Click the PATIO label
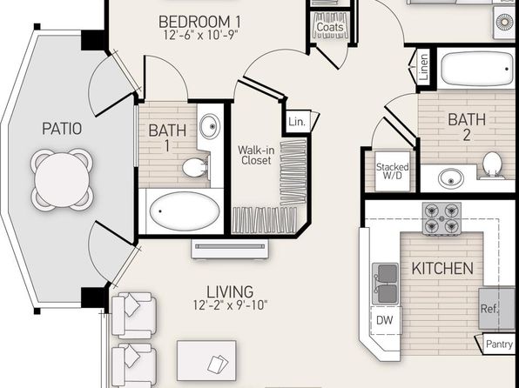pyautogui.click(x=62, y=129)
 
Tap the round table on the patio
pyautogui.click(x=62, y=179)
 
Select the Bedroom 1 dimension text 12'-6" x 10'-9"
pyautogui.click(x=201, y=35)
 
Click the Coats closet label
pyautogui.click(x=330, y=26)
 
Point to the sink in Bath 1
pyautogui.click(x=209, y=126)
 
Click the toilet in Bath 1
pyautogui.click(x=196, y=167)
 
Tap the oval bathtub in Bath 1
pyautogui.click(x=185, y=211)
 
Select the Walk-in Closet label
pyautogui.click(x=256, y=155)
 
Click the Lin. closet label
pyautogui.click(x=297, y=122)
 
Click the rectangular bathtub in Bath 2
pyautogui.click(x=477, y=69)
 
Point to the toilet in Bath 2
pyautogui.click(x=492, y=165)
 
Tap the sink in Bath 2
pyautogui.click(x=451, y=178)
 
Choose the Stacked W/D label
pyautogui.click(x=392, y=171)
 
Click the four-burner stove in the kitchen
pyautogui.click(x=441, y=219)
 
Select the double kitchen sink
pyautogui.click(x=386, y=284)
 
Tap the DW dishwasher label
pyautogui.click(x=385, y=320)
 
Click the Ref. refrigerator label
pyautogui.click(x=489, y=309)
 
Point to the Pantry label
pyautogui.click(x=499, y=344)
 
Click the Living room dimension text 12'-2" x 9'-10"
pyautogui.click(x=231, y=305)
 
